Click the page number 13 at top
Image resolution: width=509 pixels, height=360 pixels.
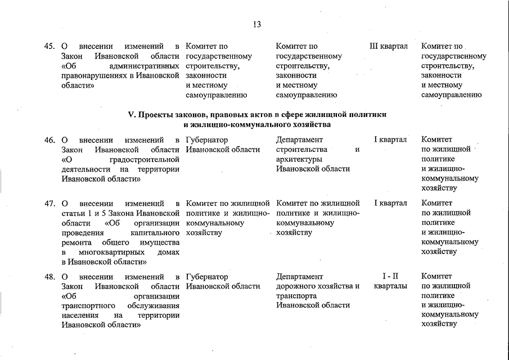click(257, 24)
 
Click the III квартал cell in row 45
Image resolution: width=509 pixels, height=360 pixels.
click(389, 46)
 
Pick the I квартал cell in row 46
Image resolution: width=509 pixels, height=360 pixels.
click(390, 139)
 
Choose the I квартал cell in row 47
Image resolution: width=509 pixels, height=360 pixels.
click(390, 203)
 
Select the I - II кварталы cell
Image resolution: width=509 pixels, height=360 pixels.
click(390, 281)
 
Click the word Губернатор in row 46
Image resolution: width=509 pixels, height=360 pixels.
click(206, 139)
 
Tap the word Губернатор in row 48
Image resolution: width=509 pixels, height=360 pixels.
click(206, 277)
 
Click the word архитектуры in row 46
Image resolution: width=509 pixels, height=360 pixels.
click(299, 159)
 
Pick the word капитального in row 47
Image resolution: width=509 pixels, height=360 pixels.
click(155, 232)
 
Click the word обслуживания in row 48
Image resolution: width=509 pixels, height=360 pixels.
click(151, 305)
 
